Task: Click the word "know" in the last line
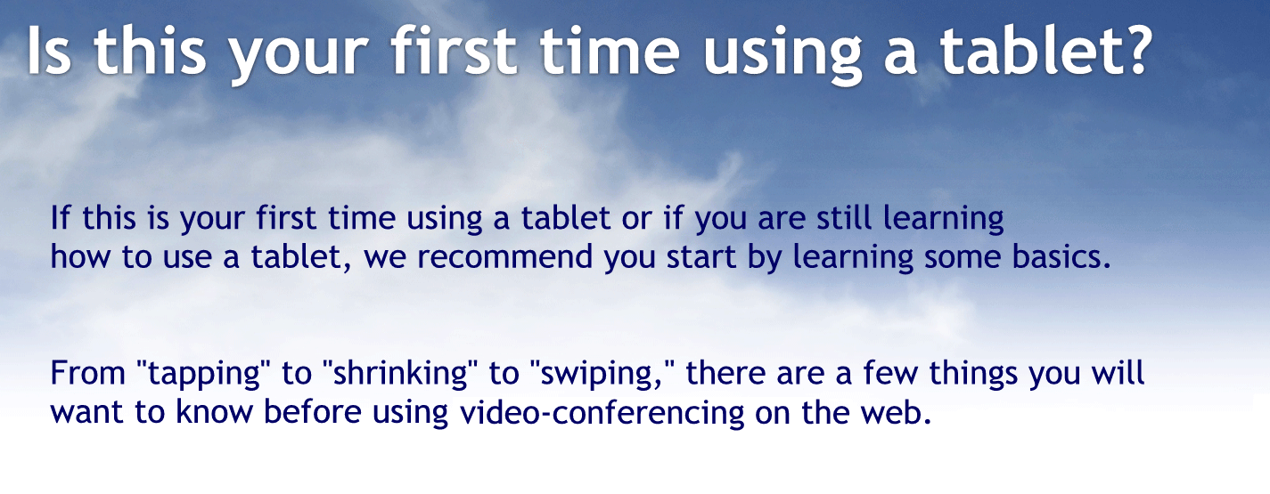click(193, 413)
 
